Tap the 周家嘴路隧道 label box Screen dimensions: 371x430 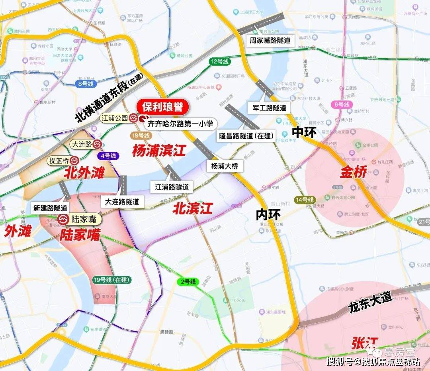click(x=270, y=40)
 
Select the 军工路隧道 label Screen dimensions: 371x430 click(x=270, y=108)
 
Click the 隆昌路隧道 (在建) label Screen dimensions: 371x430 click(x=246, y=135)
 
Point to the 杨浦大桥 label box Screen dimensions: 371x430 click(x=225, y=166)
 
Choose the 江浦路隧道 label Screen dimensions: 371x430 click(x=172, y=186)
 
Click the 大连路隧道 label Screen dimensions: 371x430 click(x=122, y=202)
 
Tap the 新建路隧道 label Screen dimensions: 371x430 click(x=51, y=208)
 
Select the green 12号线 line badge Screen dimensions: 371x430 click(x=220, y=62)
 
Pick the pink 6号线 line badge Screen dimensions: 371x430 click(x=341, y=104)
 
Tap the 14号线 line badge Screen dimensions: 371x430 click(x=305, y=200)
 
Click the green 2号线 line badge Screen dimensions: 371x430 click(x=188, y=282)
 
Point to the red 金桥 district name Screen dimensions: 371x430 click(x=353, y=173)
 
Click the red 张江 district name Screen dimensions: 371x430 click(x=364, y=343)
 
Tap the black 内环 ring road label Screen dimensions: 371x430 click(x=268, y=215)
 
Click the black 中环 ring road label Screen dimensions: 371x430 click(x=304, y=132)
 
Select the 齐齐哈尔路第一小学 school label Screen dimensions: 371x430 click(x=180, y=124)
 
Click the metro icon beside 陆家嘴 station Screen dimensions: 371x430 click(x=63, y=219)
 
